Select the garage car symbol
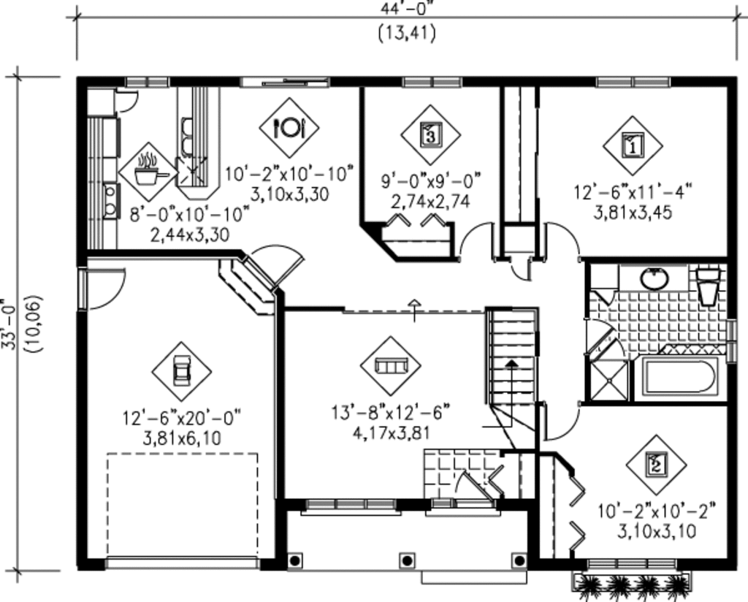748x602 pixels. (181, 371)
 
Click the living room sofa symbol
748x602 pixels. (391, 365)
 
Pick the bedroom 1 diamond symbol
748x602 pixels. (633, 145)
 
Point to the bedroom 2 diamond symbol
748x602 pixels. (657, 464)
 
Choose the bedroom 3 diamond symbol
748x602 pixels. (430, 135)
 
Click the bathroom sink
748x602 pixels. (654, 278)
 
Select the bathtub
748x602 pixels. (679, 378)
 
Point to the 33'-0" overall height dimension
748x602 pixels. (9, 325)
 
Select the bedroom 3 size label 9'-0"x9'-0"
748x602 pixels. (431, 180)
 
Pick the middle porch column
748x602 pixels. (407, 560)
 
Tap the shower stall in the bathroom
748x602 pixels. (608, 379)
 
